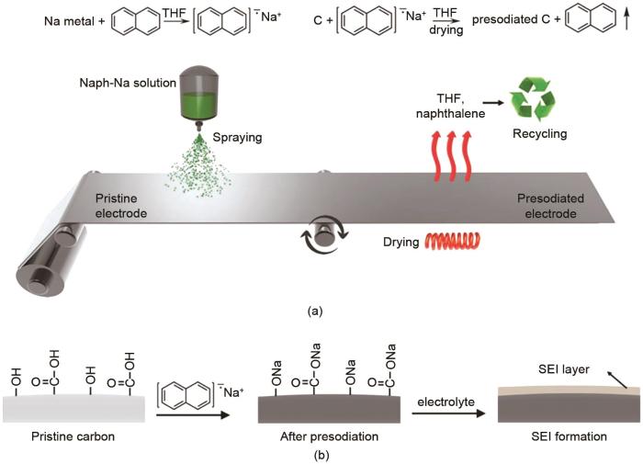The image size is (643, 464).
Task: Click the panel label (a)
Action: tap(314, 311)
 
